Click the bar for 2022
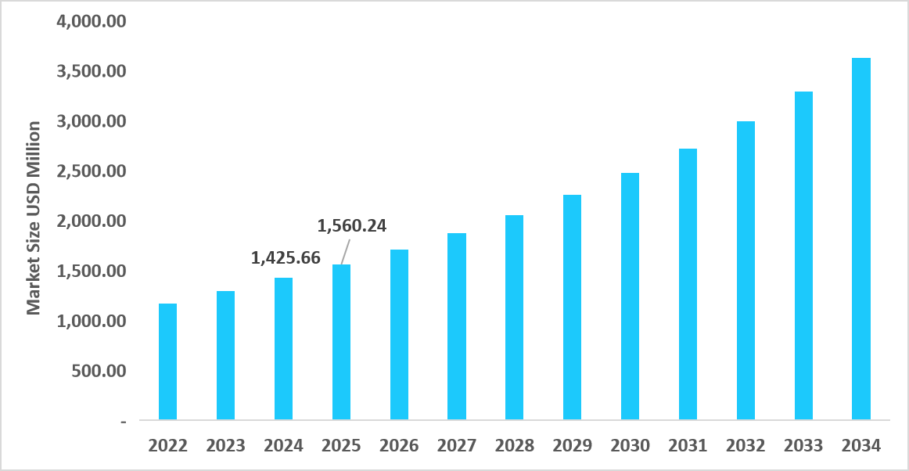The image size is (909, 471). [x=167, y=361]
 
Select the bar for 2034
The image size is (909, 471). [x=861, y=239]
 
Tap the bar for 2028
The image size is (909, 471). [x=514, y=317]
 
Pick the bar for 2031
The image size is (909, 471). [x=688, y=284]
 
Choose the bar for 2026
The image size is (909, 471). [x=399, y=335]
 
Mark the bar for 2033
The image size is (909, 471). [x=803, y=256]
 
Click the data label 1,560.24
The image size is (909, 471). [x=352, y=226]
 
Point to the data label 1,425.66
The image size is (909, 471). [x=286, y=257]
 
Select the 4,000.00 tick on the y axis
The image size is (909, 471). [x=91, y=21]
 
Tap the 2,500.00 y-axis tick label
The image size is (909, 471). [x=91, y=171]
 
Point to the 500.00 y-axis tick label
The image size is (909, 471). [x=98, y=371]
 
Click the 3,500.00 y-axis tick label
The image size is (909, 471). [x=91, y=71]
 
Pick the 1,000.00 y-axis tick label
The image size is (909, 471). [x=91, y=321]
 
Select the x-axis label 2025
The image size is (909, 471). [x=341, y=446]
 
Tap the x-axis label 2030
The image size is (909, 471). [x=630, y=446]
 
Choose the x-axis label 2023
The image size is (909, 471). [x=225, y=446]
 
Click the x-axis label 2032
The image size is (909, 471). [x=746, y=446]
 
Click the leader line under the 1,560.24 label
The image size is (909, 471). [x=346, y=251]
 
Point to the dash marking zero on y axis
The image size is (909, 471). [x=123, y=422]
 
